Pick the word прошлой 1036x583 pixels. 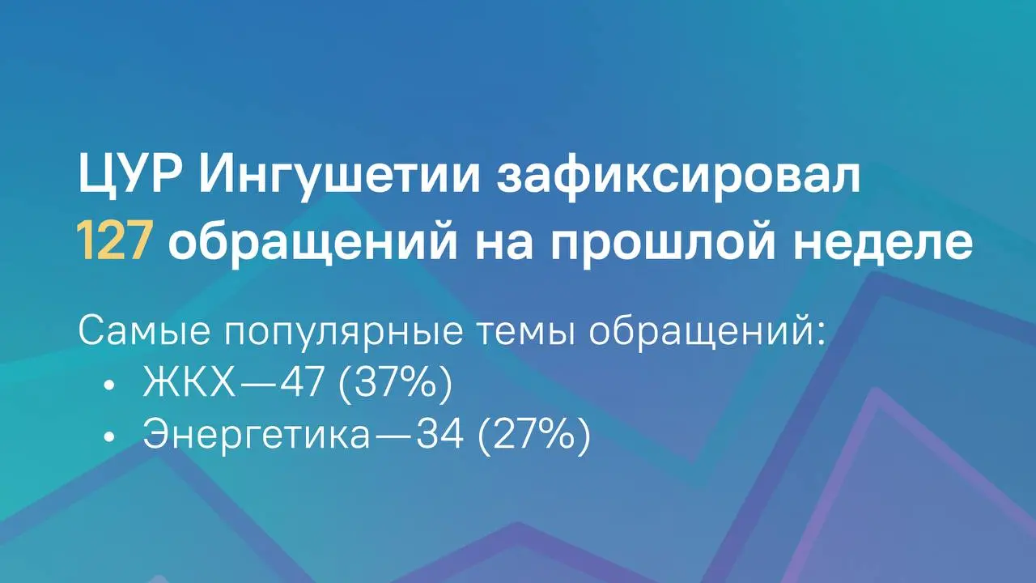[662, 243]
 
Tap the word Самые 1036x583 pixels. [144, 331]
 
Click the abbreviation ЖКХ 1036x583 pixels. [189, 381]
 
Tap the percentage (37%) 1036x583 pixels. [395, 382]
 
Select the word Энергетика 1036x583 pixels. [257, 435]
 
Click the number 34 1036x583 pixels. [439, 434]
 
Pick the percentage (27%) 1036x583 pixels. [534, 435]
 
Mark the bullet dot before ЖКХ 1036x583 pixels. [109, 384]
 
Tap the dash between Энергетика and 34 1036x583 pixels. [393, 436]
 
